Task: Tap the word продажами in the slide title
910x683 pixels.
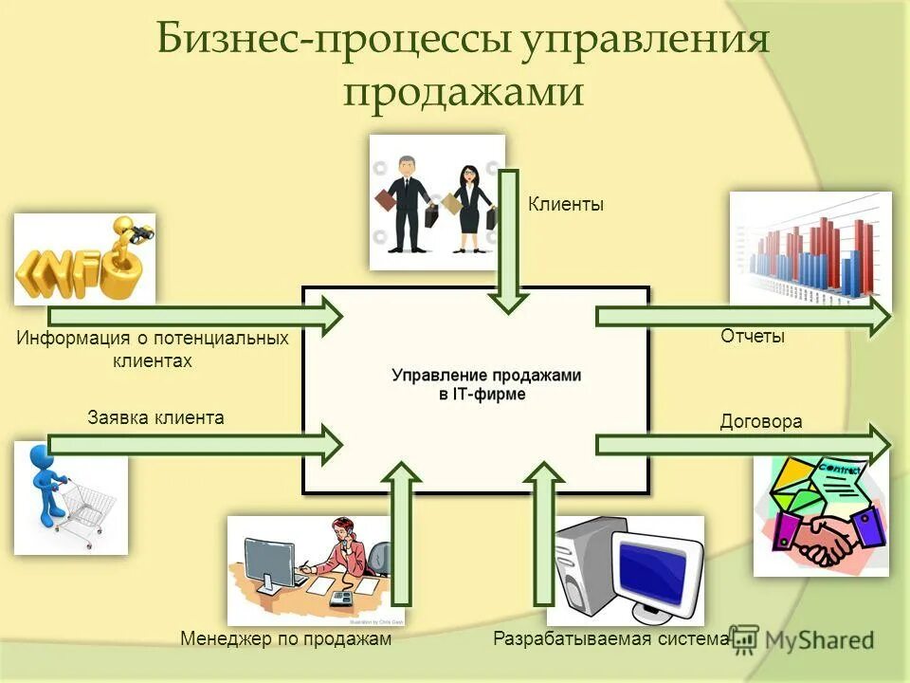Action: coord(462,93)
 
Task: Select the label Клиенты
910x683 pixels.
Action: coord(565,204)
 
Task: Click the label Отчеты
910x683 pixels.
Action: coord(753,336)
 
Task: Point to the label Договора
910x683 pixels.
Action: coord(761,421)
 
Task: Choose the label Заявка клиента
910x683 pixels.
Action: coord(156,416)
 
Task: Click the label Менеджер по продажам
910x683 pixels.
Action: coord(285,639)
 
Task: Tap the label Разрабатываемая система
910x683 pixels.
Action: coord(611,639)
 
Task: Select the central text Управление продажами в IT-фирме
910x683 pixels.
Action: coord(486,384)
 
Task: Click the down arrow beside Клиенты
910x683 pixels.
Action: coord(509,241)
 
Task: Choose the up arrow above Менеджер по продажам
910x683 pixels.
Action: coord(404,532)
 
